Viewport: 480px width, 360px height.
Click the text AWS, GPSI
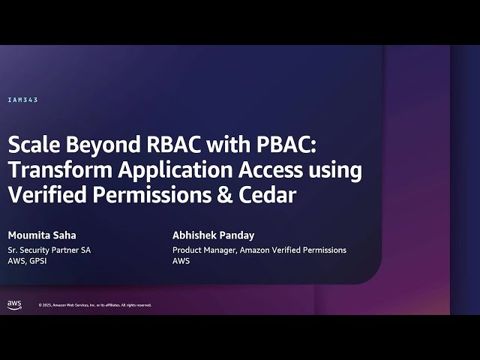pos(28,261)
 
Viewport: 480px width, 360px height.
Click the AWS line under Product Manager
pos(181,261)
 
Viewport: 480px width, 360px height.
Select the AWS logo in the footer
pos(14,304)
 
